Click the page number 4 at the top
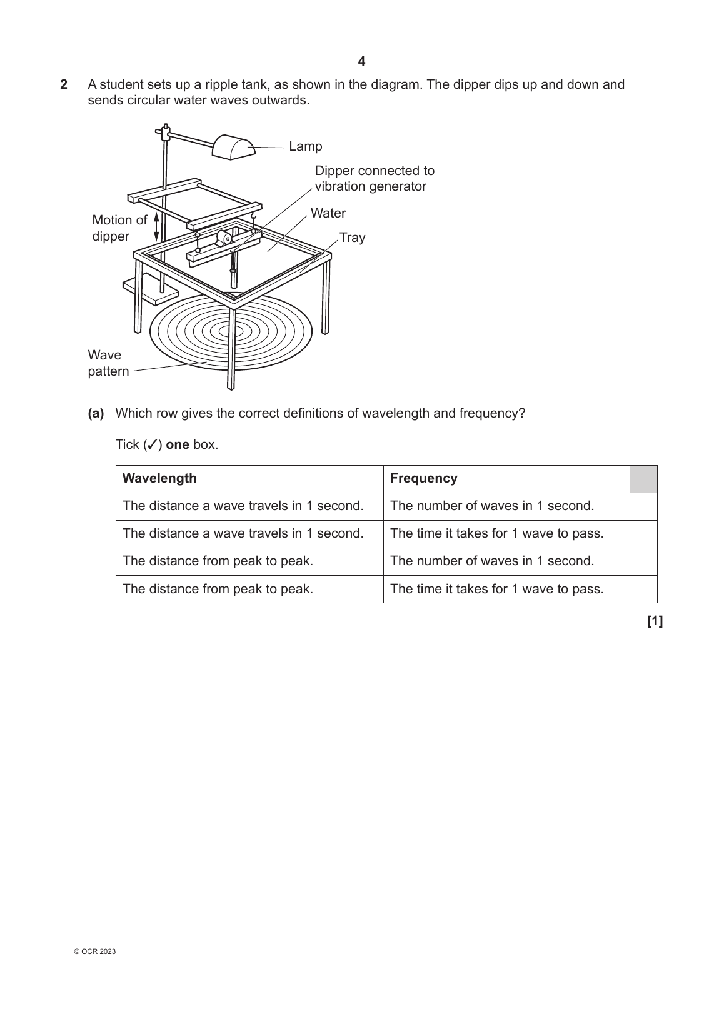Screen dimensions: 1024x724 [x=361, y=61]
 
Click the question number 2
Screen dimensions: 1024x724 [x=64, y=84]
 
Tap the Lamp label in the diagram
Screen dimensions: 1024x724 [x=305, y=146]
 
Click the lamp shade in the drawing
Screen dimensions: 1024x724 [x=233, y=148]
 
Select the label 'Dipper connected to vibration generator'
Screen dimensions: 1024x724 [x=374, y=178]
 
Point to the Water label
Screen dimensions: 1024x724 [x=328, y=213]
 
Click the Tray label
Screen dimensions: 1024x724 [x=352, y=238]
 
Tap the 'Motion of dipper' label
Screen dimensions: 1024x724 [x=119, y=228]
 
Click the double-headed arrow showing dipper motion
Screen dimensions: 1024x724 [x=156, y=226]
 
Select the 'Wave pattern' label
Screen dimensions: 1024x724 [x=108, y=363]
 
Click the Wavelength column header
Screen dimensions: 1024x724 [x=159, y=478]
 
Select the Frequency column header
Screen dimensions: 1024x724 [x=423, y=478]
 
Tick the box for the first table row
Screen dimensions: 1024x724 [x=643, y=506]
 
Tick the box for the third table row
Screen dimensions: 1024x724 [x=643, y=561]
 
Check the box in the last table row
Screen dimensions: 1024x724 [x=643, y=589]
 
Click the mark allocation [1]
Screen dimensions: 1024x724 [x=655, y=621]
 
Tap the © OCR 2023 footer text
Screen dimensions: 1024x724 [x=94, y=951]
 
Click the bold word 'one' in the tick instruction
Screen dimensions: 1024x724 [x=178, y=444]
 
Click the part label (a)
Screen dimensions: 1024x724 [x=96, y=413]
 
